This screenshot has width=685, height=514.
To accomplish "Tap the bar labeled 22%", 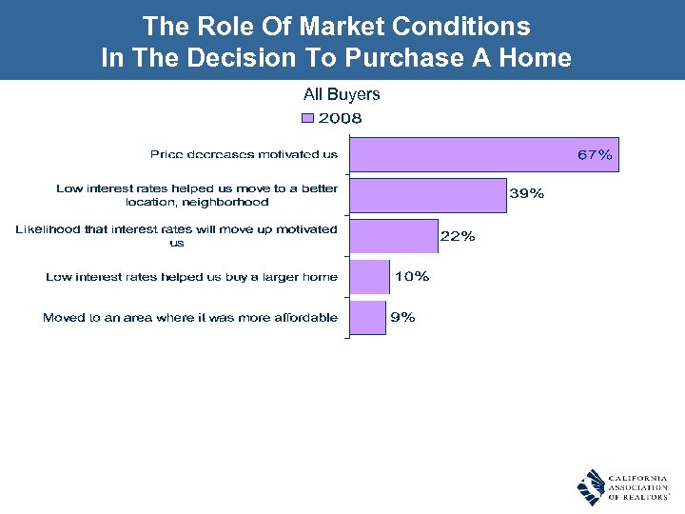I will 393,235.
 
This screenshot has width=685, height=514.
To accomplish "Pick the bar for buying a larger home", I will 369,277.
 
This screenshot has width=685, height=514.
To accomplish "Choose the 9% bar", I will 367,318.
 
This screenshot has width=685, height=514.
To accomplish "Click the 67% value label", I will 595,154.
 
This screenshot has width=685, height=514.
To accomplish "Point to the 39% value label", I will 527,194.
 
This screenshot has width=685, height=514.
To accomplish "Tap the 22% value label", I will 458,236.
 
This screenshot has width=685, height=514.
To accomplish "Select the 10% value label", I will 411,277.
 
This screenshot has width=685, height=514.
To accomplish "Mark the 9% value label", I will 402,318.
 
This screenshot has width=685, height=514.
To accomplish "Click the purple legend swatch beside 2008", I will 307,119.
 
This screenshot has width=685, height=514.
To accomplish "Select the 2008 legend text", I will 340,119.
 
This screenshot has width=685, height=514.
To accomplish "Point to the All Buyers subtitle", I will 342,94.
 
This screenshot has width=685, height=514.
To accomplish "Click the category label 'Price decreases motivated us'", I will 244,154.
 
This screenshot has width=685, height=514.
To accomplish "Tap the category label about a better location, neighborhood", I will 197,195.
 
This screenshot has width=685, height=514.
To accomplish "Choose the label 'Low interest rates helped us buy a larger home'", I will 191,277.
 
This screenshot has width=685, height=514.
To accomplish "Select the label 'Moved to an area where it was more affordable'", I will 190,318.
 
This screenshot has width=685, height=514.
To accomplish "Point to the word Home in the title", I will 538,58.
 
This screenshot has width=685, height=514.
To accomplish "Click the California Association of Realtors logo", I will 622,486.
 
